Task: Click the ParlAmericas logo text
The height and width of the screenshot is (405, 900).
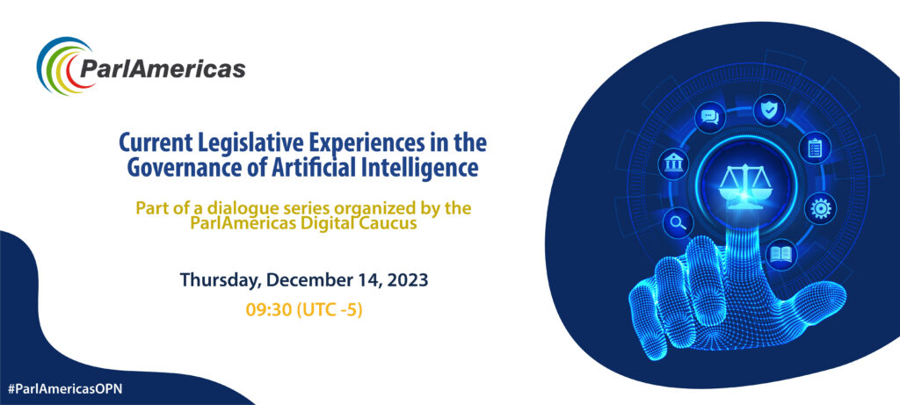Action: point(163,69)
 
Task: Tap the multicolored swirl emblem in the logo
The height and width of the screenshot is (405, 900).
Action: point(64,65)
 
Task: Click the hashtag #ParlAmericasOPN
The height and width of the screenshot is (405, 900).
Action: point(65,388)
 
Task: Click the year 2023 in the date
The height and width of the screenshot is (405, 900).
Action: point(408,280)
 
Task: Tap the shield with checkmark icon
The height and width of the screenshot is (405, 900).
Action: point(768,109)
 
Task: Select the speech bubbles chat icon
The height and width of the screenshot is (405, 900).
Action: point(710,118)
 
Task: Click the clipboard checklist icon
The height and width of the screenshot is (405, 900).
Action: point(815,148)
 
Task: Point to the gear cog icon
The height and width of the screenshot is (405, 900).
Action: point(820,207)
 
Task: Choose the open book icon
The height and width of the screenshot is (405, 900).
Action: point(780,254)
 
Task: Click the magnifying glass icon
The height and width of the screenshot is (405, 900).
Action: point(678,222)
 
